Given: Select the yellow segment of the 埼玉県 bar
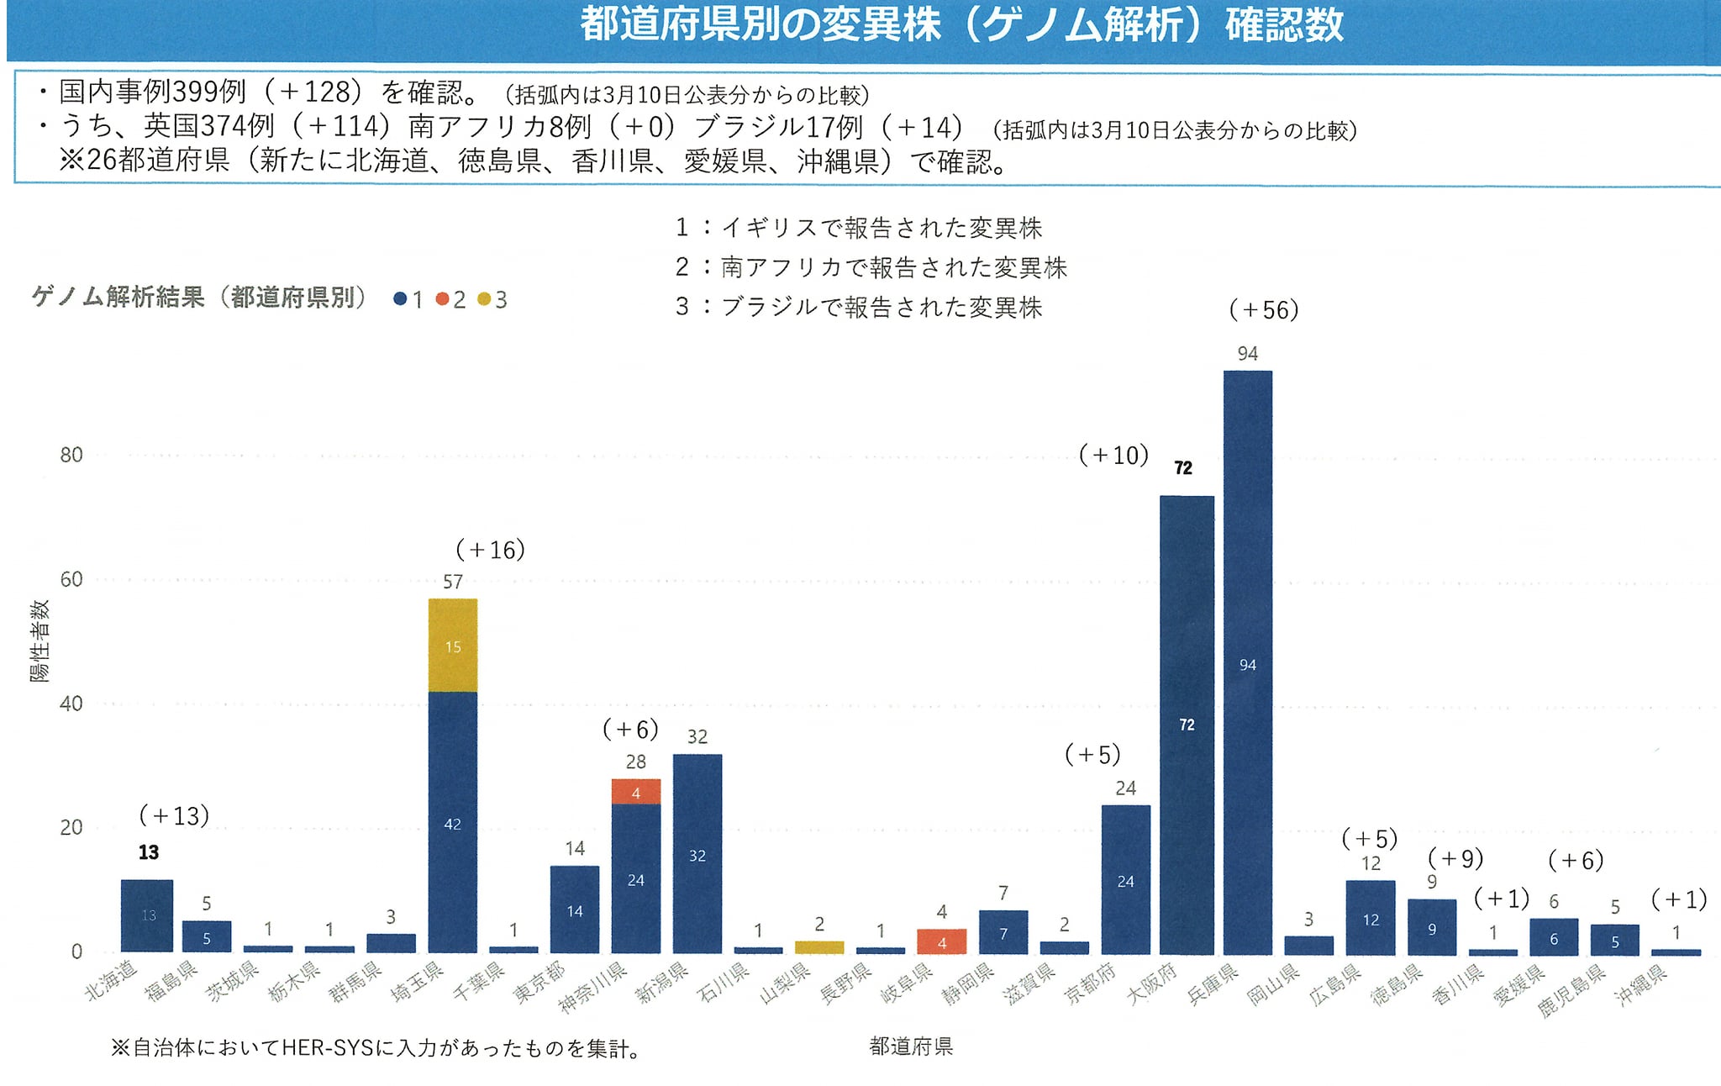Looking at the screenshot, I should pyautogui.click(x=453, y=646).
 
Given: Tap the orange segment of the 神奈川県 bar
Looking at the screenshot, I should pyautogui.click(x=636, y=792).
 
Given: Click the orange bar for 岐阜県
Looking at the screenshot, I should pyautogui.click(x=942, y=941).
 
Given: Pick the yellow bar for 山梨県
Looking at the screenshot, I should pyautogui.click(x=819, y=947).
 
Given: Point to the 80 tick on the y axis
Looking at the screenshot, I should pyautogui.click(x=71, y=456).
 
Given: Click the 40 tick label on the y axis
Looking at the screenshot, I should pyautogui.click(x=71, y=704).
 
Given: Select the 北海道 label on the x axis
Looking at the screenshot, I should pyautogui.click(x=112, y=980).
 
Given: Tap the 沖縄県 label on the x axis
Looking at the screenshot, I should pyautogui.click(x=1640, y=985).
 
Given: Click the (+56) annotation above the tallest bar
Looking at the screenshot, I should pyautogui.click(x=1264, y=310).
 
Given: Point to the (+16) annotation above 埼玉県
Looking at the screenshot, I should pyautogui.click(x=490, y=550).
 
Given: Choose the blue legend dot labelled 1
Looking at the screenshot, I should pyautogui.click(x=401, y=299).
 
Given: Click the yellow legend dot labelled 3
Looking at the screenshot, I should pyautogui.click(x=484, y=299).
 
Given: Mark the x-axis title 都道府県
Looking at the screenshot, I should pyautogui.click(x=911, y=1046).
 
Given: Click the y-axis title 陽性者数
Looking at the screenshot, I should pyautogui.click(x=39, y=641).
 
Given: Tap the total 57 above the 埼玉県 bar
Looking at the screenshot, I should pyautogui.click(x=453, y=582).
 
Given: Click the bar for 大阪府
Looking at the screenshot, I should pyautogui.click(x=1187, y=725).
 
